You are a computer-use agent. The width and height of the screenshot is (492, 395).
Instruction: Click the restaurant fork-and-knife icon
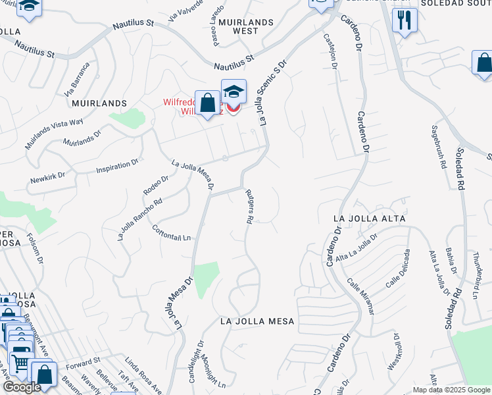tap(405, 20)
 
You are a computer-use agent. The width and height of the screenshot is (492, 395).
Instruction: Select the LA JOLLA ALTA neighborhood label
tap(370, 218)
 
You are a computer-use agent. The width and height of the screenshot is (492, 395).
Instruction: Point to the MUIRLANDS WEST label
tap(246, 26)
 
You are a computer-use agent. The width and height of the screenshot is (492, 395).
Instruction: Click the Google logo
tap(22, 387)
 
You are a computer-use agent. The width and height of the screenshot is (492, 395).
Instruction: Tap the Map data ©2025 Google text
tap(451, 390)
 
